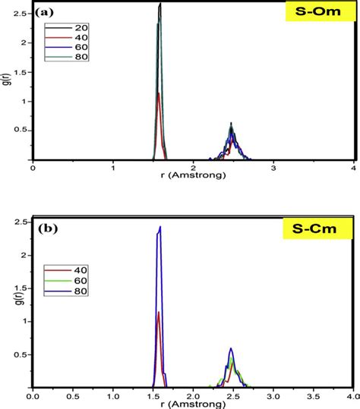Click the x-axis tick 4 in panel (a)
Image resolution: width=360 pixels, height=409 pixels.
point(354,168)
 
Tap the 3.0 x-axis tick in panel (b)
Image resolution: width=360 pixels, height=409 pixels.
point(273,396)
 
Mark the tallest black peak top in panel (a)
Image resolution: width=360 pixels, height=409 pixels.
point(160,4)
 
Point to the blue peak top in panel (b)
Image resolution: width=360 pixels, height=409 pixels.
point(160,227)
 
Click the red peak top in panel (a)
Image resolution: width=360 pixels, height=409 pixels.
point(158,93)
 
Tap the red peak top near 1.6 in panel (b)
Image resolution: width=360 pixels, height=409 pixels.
point(158,313)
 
